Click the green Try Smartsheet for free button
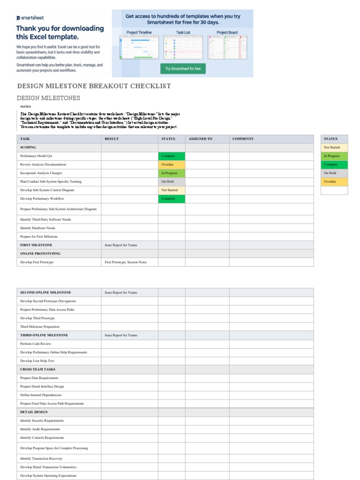183,68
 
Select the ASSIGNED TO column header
200,139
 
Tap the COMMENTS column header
243,139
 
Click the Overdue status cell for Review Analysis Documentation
172,165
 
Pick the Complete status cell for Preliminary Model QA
172,156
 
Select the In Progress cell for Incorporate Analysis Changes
172,173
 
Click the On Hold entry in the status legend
335,173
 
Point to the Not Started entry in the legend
335,147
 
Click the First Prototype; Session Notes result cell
126,262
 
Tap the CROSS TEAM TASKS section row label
37,369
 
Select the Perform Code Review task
36,344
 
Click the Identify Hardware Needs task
37,228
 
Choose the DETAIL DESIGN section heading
34,412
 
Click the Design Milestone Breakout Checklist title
94,86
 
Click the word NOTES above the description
25,106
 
